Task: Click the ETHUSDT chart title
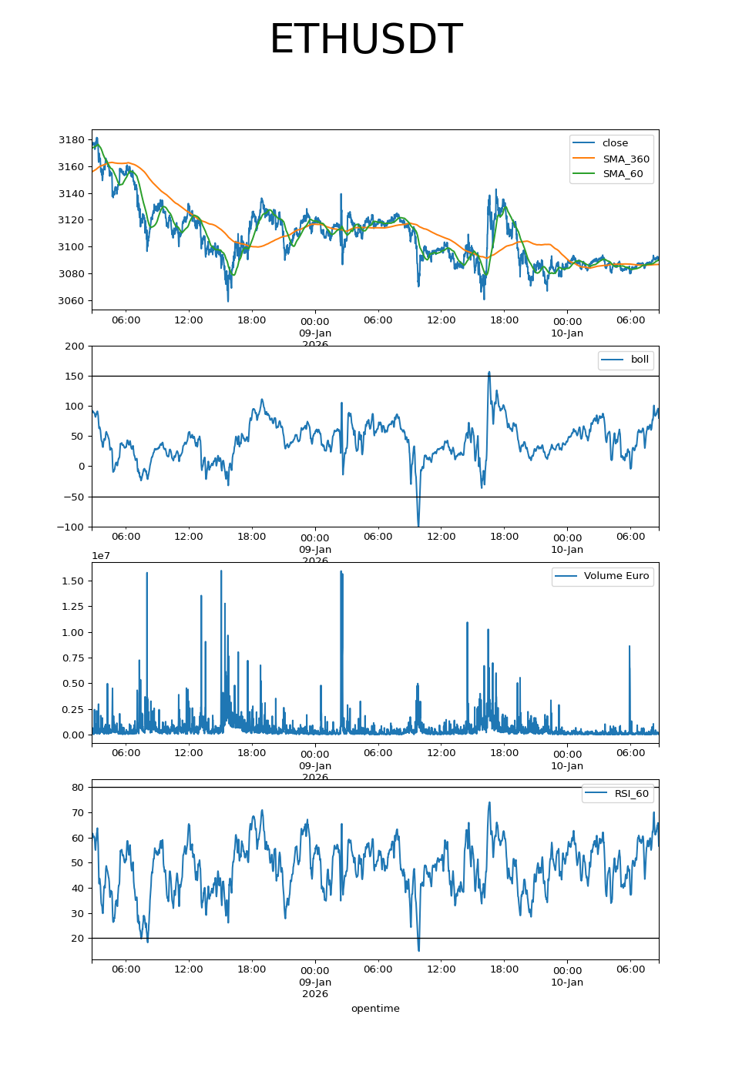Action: (365, 40)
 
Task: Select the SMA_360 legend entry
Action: (626, 159)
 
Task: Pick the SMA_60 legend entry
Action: (623, 174)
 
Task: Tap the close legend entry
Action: (615, 143)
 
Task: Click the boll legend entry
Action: (640, 360)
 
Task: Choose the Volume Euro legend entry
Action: (616, 576)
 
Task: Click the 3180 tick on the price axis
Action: (72, 140)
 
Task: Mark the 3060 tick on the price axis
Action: (72, 301)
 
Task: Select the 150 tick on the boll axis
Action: (76, 377)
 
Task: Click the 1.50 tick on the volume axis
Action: (73, 581)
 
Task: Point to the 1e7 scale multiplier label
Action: (101, 556)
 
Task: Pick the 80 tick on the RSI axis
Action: (78, 788)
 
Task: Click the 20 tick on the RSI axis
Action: (78, 939)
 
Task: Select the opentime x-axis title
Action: (375, 1009)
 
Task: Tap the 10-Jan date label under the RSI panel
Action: (567, 983)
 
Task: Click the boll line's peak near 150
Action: (489, 373)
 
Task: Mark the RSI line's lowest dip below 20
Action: (418, 950)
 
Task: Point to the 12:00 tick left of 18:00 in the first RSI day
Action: (189, 969)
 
